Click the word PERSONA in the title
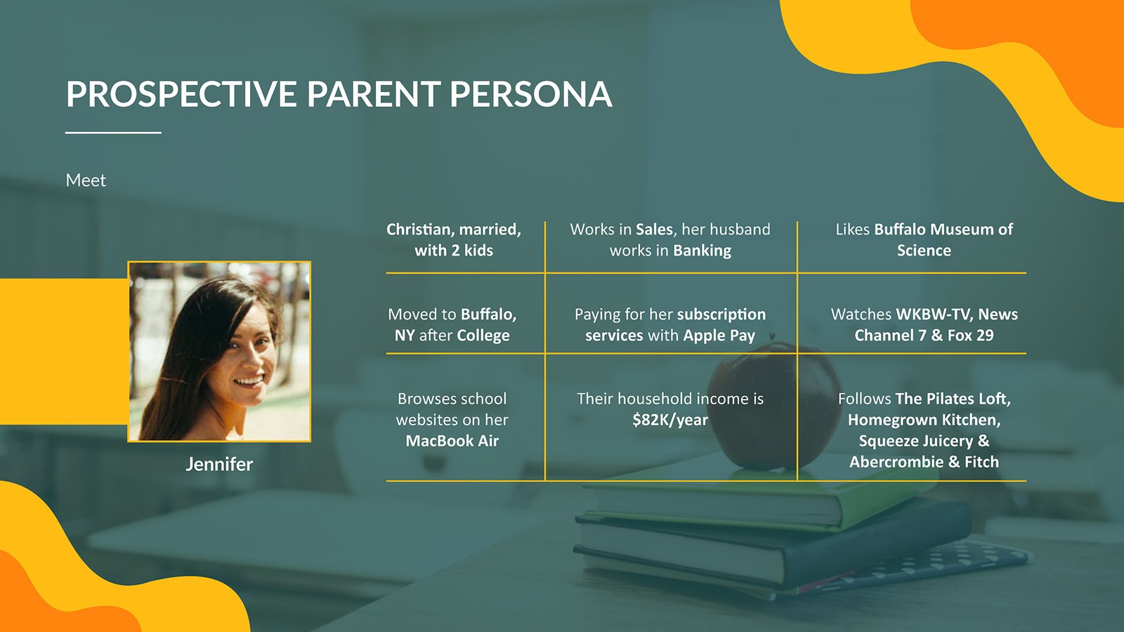530,94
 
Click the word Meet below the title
86,180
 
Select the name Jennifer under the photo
219,464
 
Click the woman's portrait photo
219,352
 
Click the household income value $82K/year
670,420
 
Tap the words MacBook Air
452,441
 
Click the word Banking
702,250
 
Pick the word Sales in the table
654,229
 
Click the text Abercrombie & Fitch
924,462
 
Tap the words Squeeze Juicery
916,441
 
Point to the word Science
924,250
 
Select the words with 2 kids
454,250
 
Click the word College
483,335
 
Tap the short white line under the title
113,133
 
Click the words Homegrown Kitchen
924,420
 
